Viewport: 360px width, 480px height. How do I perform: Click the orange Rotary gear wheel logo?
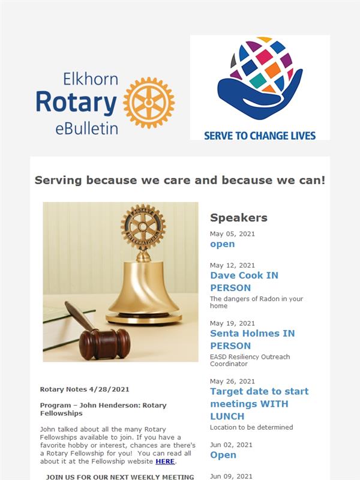pos(149,103)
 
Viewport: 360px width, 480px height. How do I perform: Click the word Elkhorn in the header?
pos(91,79)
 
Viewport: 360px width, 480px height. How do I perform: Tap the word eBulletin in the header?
pos(86,128)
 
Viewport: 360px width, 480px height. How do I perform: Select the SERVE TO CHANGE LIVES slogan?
pos(260,136)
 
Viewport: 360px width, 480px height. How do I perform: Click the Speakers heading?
pos(239,218)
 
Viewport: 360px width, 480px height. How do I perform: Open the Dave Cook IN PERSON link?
pos(244,281)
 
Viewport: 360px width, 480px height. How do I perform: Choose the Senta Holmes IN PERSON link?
pos(252,339)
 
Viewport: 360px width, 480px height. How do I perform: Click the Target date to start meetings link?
pos(259,403)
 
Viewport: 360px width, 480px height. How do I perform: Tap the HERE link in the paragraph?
pos(165,461)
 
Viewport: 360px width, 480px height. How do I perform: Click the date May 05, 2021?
pos(232,234)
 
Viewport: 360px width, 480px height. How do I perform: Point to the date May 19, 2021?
pos(232,323)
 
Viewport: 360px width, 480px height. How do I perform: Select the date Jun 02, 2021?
pos(231,445)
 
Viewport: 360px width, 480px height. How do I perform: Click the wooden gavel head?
pos(104,344)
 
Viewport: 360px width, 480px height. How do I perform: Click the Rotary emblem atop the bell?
pos(143,227)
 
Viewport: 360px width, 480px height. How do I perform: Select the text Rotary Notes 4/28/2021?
pos(85,389)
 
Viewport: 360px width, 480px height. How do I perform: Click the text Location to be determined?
pos(251,427)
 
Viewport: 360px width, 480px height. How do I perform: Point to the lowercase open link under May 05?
pos(223,244)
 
